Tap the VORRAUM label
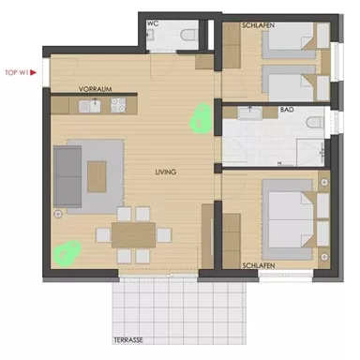click(x=96, y=89)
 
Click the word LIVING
click(x=167, y=172)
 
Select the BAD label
click(x=287, y=110)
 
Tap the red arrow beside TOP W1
click(x=34, y=72)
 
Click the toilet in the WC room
click(x=193, y=34)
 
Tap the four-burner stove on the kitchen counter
click(x=119, y=106)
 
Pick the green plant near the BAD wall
click(x=199, y=119)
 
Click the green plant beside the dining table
click(x=66, y=252)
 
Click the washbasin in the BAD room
click(x=249, y=112)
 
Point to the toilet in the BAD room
click(x=316, y=122)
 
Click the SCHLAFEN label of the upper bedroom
click(x=258, y=24)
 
